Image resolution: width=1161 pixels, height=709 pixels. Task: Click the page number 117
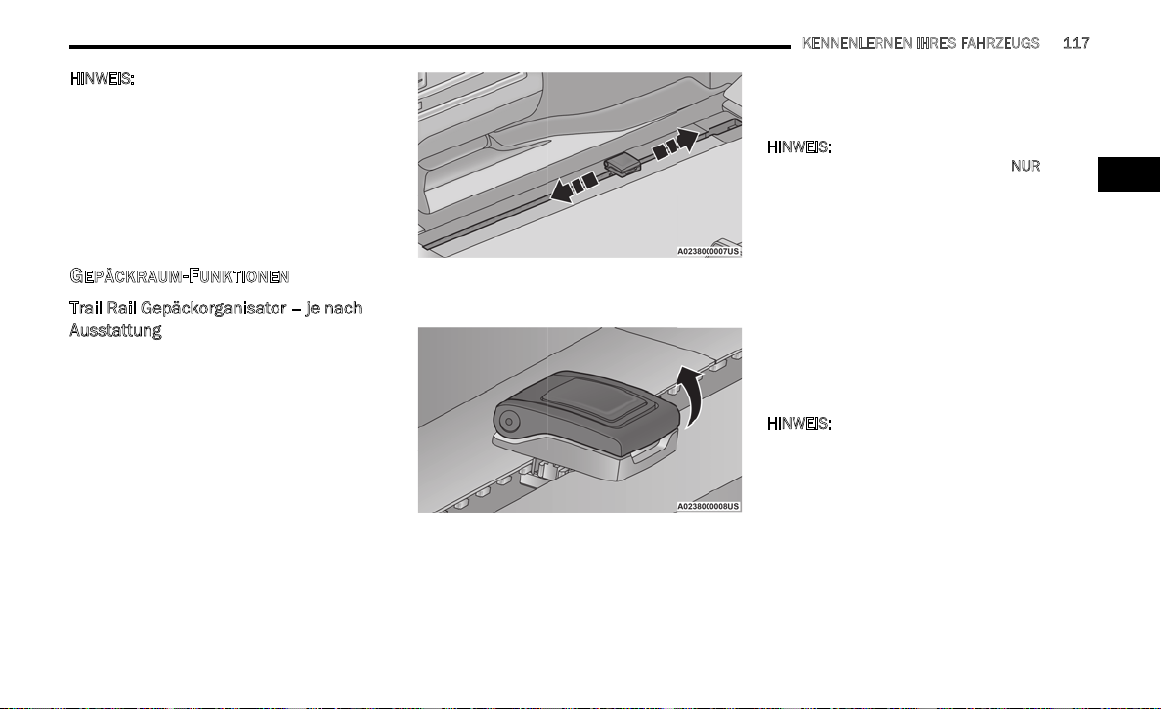[x=1076, y=43]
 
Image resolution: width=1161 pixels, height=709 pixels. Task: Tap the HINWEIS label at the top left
[x=103, y=78]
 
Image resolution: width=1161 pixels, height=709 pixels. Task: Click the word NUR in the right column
[x=1025, y=166]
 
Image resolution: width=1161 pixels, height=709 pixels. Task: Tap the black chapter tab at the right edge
[x=1129, y=175]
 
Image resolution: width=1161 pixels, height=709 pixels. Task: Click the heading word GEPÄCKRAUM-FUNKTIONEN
[x=179, y=276]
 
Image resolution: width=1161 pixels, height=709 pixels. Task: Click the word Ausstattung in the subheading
[x=115, y=330]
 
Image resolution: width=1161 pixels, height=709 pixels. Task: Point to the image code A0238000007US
[x=708, y=252]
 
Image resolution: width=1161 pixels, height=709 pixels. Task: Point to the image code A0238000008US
[x=708, y=506]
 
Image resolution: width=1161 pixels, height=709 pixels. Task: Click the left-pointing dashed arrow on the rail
[x=575, y=188]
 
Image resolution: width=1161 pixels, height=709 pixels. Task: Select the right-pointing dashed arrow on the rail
[x=675, y=143]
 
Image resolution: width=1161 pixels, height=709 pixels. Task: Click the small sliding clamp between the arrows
[x=622, y=164]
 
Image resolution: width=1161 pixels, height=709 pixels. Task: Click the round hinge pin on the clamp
[x=509, y=423]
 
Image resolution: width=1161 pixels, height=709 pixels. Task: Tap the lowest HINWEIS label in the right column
[x=799, y=423]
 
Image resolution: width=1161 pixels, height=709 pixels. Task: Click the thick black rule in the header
[x=429, y=47]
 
